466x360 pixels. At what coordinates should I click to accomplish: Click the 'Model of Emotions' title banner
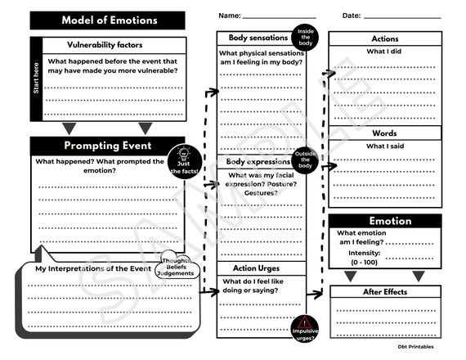click(x=108, y=20)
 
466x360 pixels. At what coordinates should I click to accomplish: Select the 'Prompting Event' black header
click(x=107, y=146)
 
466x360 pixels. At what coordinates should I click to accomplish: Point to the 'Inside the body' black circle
click(x=306, y=37)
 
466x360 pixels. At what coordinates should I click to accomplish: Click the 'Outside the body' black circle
click(x=306, y=161)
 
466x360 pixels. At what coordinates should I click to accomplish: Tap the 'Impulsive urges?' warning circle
click(x=305, y=326)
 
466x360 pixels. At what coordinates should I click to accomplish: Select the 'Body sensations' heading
click(x=258, y=38)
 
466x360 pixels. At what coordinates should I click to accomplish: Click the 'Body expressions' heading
click(x=258, y=162)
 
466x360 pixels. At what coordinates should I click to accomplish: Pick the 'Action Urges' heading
click(x=257, y=268)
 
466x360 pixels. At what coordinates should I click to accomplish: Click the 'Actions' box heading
click(x=385, y=38)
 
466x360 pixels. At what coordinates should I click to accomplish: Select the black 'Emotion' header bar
click(x=385, y=221)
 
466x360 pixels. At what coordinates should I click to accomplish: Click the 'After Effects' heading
click(x=384, y=292)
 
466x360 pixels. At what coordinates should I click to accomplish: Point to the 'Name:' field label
click(x=230, y=16)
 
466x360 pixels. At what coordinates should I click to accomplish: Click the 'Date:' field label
click(x=352, y=16)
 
